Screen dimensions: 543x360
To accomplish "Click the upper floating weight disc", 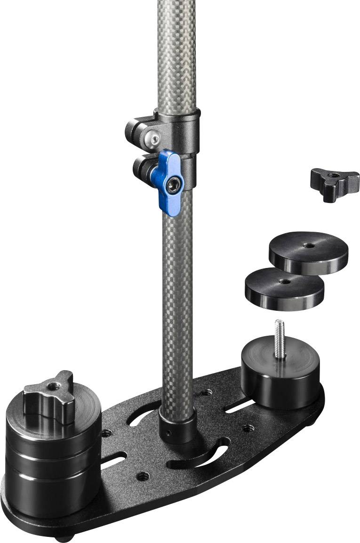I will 308,252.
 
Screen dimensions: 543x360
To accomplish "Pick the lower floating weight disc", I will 284,288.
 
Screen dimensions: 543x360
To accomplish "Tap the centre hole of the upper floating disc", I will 309,245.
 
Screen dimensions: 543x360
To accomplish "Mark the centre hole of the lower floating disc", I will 284,281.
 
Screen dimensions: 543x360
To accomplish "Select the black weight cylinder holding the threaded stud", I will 280,377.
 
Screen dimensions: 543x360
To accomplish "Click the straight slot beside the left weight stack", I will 113,460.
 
